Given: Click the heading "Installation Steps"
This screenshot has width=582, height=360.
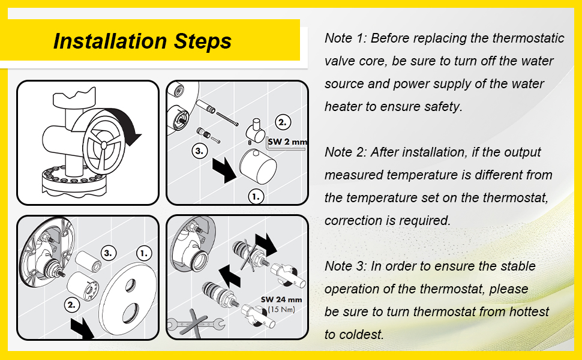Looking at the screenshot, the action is point(143,41).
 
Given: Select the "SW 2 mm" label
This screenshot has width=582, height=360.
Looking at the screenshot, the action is point(287,142).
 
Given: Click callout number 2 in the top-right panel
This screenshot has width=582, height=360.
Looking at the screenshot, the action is point(283,122).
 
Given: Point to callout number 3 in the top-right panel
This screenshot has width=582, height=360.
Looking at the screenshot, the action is point(199,151).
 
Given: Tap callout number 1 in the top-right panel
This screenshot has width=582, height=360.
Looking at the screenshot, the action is point(256,197).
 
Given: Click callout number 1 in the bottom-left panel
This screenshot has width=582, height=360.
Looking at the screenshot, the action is point(144,253).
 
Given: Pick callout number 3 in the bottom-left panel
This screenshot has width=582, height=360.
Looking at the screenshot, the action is point(108,253).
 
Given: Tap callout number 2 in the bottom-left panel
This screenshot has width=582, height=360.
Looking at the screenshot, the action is point(71,305).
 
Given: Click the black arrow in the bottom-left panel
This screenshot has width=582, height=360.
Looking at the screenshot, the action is point(82,328).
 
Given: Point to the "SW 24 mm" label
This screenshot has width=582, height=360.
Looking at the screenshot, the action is point(281,299).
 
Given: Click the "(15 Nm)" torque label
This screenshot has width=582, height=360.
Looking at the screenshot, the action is point(281,309).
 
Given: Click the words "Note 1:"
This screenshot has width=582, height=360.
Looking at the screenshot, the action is point(346,38).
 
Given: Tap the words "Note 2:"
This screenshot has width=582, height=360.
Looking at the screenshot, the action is point(346,152).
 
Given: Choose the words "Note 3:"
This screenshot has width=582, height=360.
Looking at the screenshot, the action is point(346,266).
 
